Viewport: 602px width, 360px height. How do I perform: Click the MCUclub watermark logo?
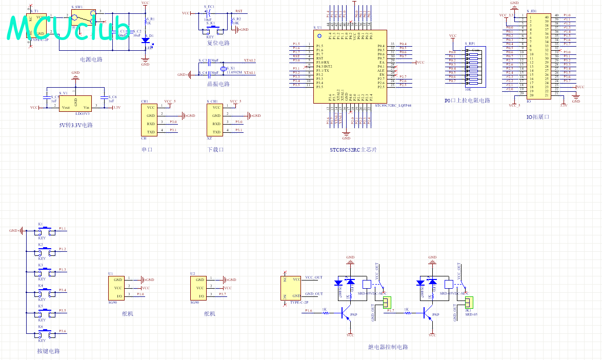[x=69, y=28]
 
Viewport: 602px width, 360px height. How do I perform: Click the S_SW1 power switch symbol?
[x=84, y=18]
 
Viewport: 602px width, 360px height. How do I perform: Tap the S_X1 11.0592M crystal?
[x=223, y=69]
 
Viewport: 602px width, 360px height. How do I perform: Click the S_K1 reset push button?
[x=212, y=29]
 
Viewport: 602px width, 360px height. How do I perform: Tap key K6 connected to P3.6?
[x=45, y=334]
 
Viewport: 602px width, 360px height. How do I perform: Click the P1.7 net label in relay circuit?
[x=391, y=311]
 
